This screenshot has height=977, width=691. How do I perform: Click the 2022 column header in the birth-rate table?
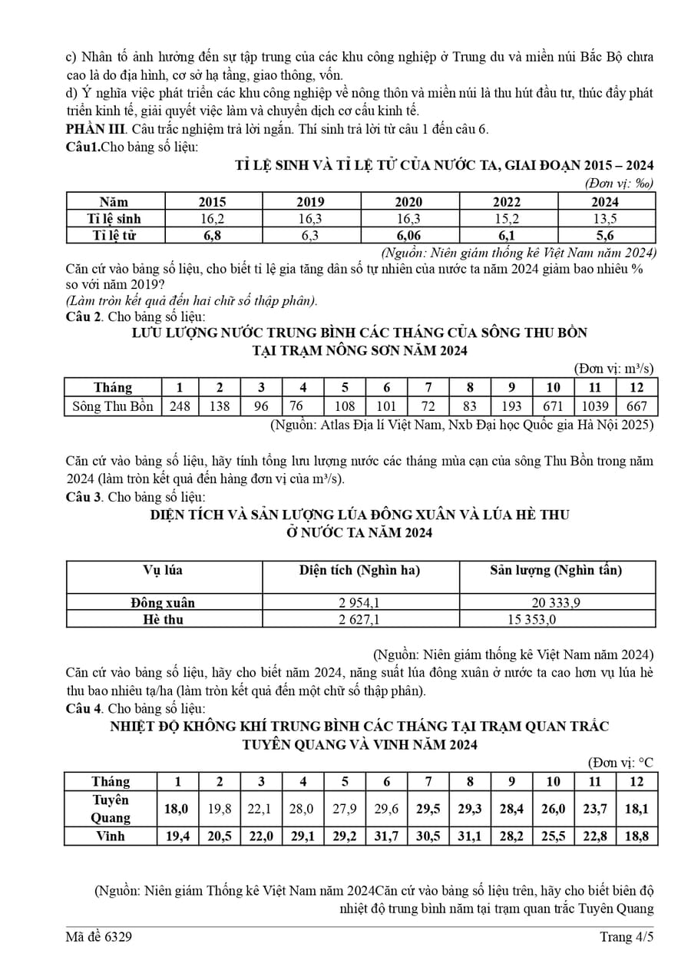[x=507, y=202]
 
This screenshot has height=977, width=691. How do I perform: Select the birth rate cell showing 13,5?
[x=606, y=219]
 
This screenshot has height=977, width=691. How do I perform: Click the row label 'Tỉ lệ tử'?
[x=114, y=236]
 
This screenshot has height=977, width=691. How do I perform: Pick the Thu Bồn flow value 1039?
[x=595, y=406]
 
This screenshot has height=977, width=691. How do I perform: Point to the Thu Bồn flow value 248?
[x=180, y=406]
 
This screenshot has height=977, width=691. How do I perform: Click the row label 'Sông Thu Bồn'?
[x=113, y=406]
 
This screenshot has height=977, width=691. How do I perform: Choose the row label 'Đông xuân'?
[x=163, y=603]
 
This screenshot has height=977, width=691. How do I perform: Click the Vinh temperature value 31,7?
[x=386, y=836]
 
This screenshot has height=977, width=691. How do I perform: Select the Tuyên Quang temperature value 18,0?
[x=177, y=809]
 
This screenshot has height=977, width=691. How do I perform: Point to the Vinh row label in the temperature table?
[x=111, y=836]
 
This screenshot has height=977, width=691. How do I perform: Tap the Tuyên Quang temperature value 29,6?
[x=386, y=809]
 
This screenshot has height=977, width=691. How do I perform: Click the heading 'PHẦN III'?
[x=91, y=129]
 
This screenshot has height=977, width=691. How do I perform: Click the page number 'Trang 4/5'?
[x=627, y=936]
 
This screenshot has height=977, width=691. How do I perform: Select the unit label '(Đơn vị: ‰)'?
[x=619, y=184]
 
